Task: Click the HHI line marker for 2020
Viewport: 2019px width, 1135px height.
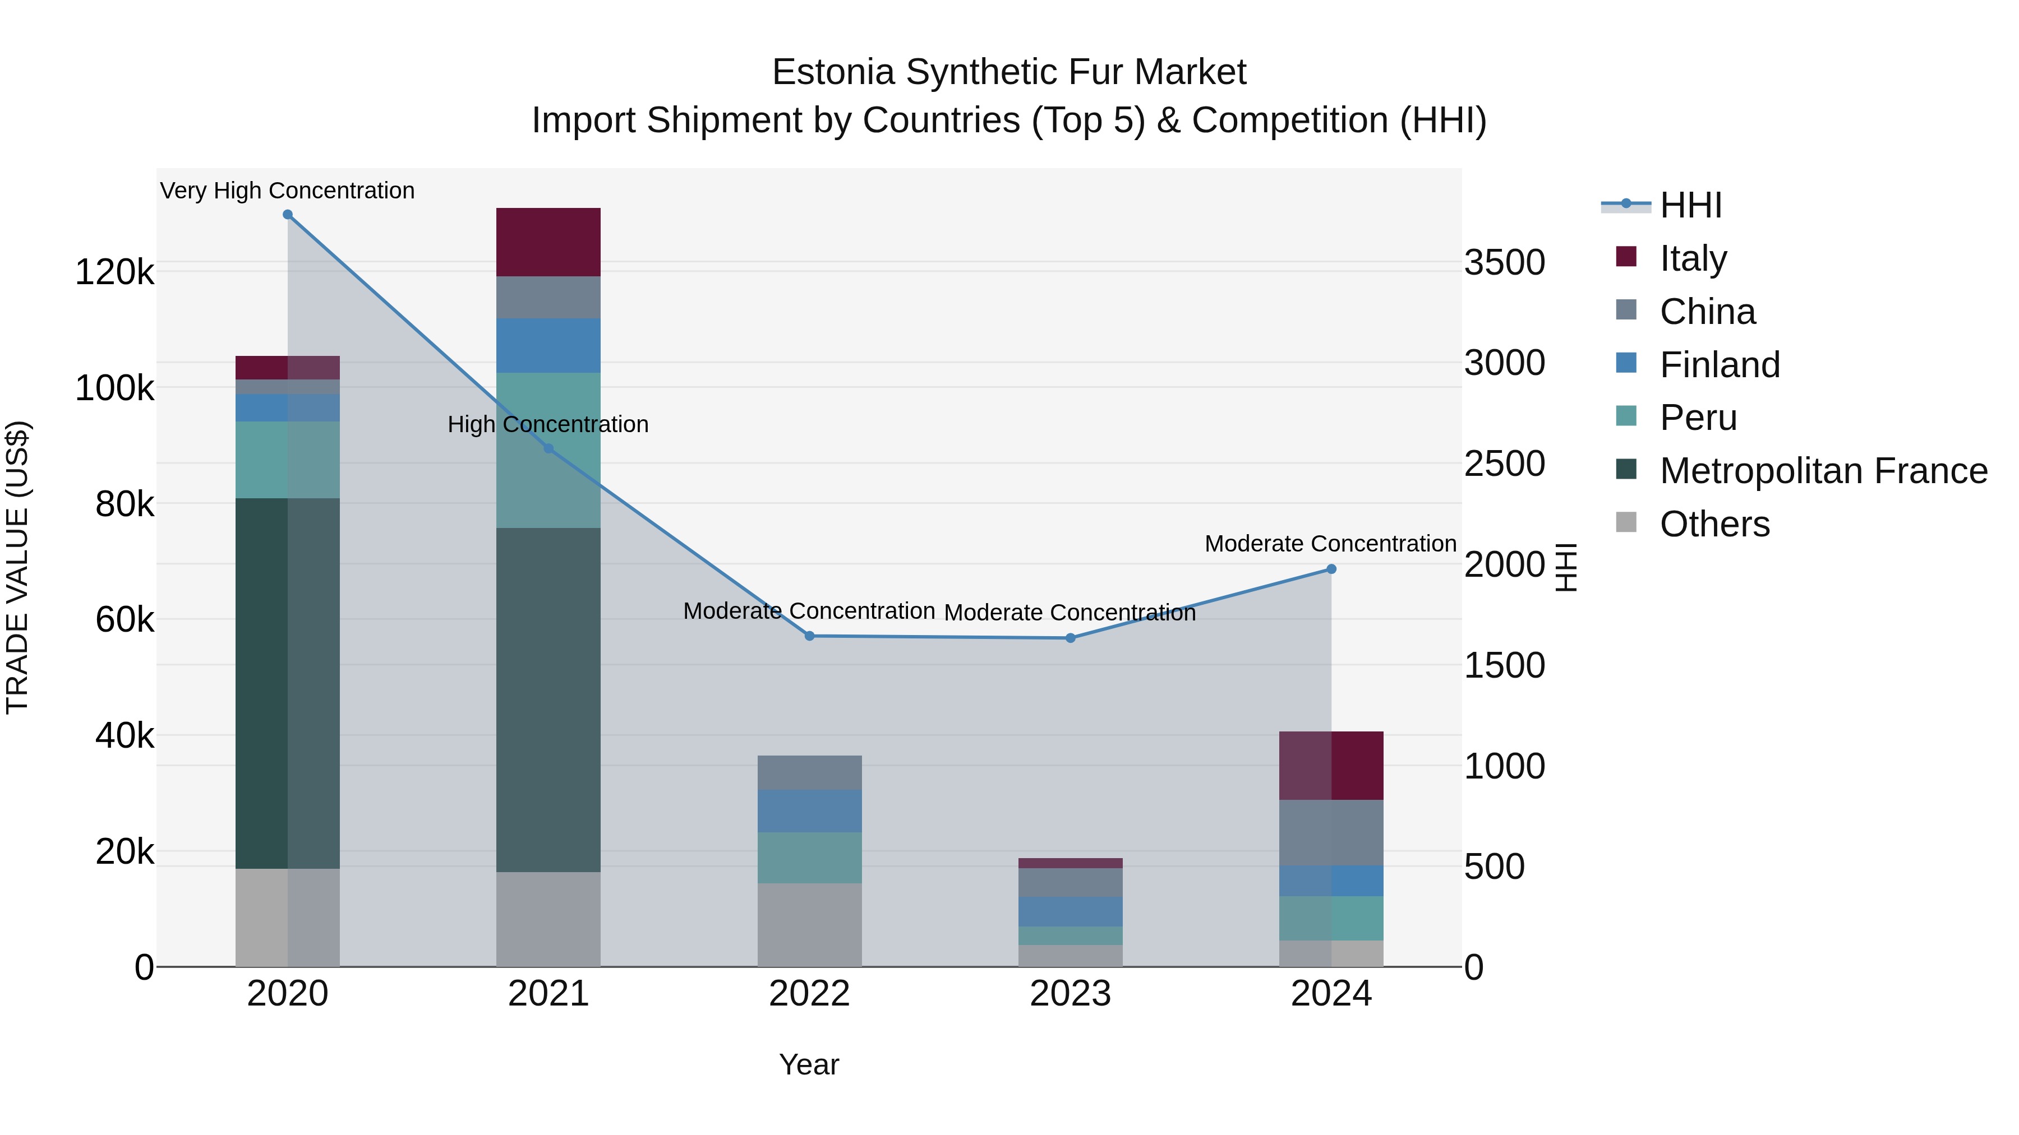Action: tap(288, 215)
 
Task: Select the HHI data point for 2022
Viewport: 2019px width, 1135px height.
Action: tap(810, 636)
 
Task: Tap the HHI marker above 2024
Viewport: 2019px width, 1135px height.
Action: tap(1331, 569)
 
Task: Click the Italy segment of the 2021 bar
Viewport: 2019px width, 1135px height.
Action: tap(548, 242)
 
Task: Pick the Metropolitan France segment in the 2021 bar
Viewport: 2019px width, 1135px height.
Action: tap(548, 699)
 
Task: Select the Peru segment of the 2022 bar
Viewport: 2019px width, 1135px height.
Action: tap(810, 858)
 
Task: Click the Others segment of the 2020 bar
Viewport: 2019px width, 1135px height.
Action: tap(288, 917)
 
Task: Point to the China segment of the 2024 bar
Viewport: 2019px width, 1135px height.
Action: tap(1331, 833)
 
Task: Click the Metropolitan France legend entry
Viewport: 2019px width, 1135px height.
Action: tap(1822, 471)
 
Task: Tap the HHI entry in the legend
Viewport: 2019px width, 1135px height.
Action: tap(1690, 205)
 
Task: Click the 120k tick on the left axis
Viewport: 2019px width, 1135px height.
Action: tap(114, 272)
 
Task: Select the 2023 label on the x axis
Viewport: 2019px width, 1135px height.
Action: tap(1070, 994)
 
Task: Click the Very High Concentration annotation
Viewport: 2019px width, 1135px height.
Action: tap(288, 191)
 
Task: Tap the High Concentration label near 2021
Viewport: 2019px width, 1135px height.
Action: tap(548, 424)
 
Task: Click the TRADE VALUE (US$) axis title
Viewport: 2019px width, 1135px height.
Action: tap(17, 567)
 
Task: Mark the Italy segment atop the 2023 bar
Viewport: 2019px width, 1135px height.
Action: tap(1070, 863)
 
